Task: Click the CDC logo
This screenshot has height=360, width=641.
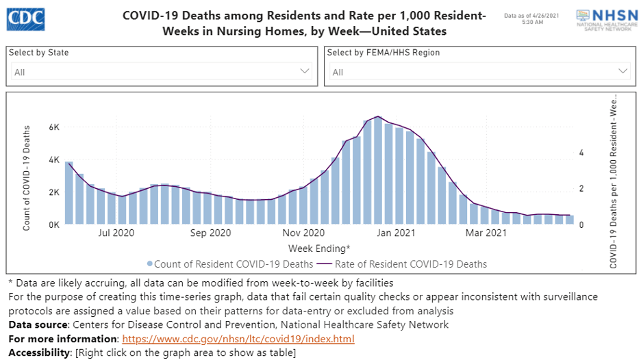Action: point(27,18)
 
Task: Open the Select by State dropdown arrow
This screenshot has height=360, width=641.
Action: point(305,71)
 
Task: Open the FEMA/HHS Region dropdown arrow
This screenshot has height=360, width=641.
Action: point(623,71)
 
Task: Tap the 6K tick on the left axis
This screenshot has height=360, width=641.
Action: point(53,128)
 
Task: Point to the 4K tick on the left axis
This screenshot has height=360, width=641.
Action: point(53,160)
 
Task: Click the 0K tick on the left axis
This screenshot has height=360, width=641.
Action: point(53,224)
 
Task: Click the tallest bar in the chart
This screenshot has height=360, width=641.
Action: point(378,171)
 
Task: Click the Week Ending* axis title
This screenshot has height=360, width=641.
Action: point(319,248)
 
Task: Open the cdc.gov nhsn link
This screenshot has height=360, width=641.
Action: point(238,339)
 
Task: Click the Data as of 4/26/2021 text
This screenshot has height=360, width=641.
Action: point(532,15)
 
